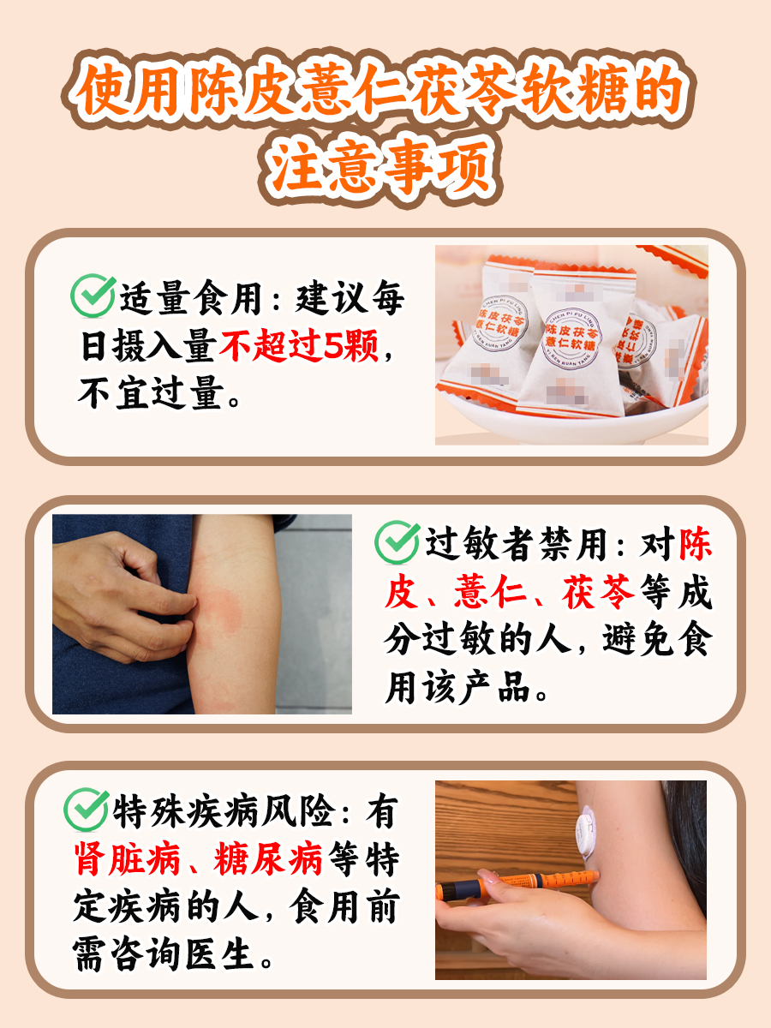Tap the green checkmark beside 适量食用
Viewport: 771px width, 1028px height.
click(x=92, y=296)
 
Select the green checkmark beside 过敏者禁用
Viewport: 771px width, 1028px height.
click(x=397, y=541)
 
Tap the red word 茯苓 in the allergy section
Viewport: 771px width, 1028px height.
click(x=599, y=593)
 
